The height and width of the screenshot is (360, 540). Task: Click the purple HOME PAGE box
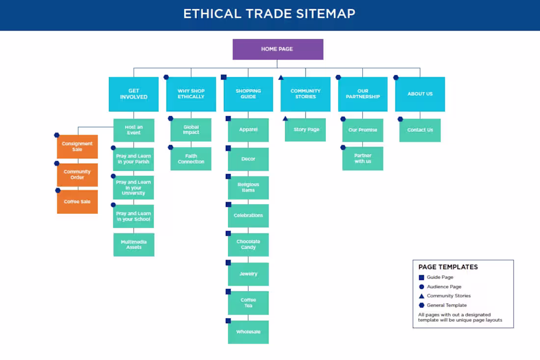(278, 49)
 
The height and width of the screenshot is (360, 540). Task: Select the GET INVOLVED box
(134, 94)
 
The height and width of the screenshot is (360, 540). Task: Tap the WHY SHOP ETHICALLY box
(191, 94)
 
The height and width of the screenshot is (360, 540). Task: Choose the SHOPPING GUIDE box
(248, 94)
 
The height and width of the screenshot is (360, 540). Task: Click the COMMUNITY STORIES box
(305, 94)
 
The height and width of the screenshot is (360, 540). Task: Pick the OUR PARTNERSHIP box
(363, 94)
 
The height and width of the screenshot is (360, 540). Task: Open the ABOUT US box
(420, 94)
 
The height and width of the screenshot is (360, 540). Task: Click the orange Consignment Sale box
(77, 146)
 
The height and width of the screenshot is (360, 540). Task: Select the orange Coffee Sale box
(77, 202)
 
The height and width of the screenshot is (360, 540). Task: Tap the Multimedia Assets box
(134, 245)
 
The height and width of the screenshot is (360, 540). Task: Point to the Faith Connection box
(191, 159)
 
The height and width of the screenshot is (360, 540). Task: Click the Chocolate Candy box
(248, 245)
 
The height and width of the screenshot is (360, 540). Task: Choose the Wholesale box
(248, 332)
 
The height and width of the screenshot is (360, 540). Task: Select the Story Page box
(306, 130)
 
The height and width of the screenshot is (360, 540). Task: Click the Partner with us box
(363, 159)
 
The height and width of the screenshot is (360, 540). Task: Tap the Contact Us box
(420, 130)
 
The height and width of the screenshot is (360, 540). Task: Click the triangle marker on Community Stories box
(281, 77)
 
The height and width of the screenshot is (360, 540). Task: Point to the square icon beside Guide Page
(421, 277)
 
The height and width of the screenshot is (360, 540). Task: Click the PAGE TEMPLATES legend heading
(448, 267)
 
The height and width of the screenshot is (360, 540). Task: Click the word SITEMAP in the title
(325, 13)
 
